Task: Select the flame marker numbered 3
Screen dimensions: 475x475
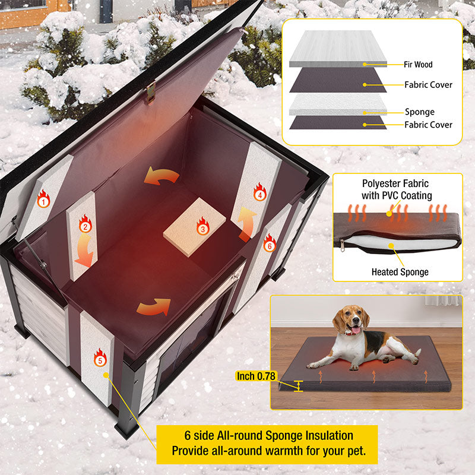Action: click(202, 226)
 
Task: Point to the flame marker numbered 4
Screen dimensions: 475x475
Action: click(259, 191)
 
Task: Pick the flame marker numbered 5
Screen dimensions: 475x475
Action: click(100, 357)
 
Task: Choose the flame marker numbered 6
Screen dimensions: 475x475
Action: click(270, 242)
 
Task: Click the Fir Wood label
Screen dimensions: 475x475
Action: click(419, 64)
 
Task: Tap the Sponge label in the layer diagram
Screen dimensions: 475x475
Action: click(419, 112)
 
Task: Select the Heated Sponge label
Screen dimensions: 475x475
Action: click(400, 272)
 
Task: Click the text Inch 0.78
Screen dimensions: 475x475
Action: click(256, 375)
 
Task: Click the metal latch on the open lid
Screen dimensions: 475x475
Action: click(151, 90)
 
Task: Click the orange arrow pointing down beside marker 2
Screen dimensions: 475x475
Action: click(84, 252)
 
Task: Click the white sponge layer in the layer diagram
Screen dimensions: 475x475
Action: click(338, 107)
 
